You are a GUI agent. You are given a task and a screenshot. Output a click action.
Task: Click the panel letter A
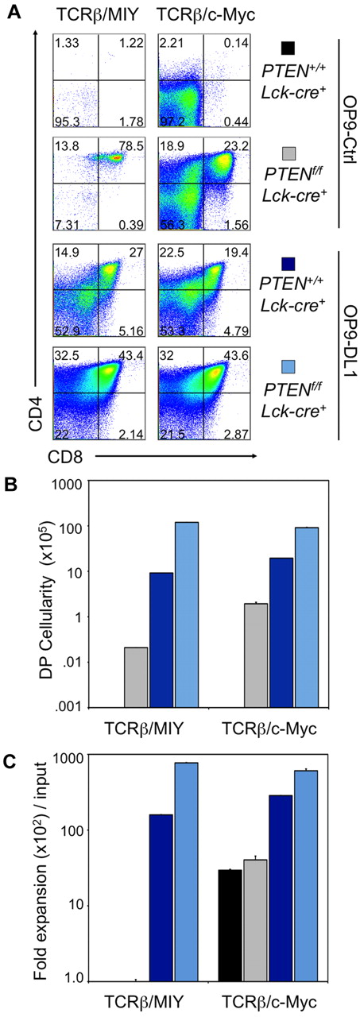[x=11, y=10]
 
